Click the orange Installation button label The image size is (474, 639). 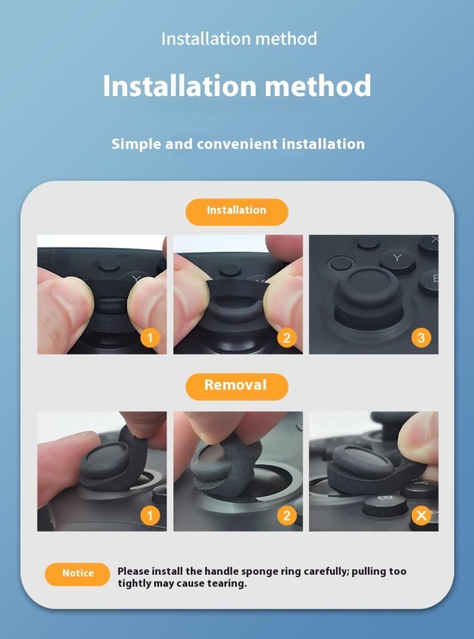coord(236,212)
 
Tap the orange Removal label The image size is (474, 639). coord(236,386)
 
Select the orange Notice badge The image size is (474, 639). coord(77,574)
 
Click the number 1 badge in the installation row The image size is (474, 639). coord(150,338)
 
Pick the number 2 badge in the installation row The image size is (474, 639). coord(287,338)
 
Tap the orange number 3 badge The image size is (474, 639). coord(421,338)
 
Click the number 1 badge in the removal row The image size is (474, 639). coord(150,515)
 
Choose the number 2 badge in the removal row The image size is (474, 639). coord(287,515)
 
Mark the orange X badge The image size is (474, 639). coord(421,515)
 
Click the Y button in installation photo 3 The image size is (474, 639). coord(397,259)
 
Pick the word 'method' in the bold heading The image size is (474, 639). coord(318,85)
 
